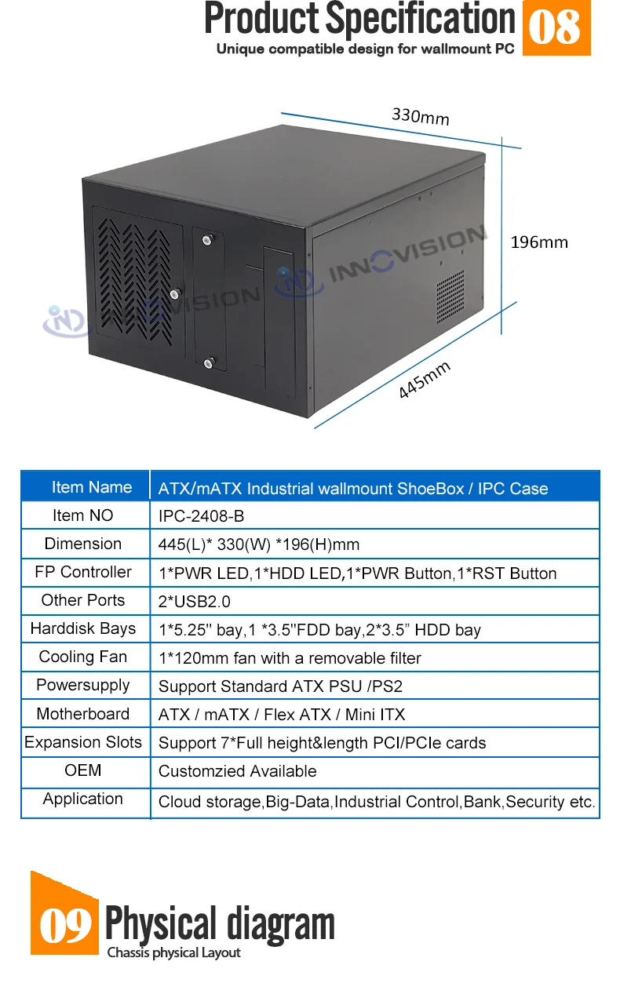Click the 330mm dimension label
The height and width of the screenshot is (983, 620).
pyautogui.click(x=421, y=117)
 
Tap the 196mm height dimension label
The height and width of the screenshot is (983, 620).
pyautogui.click(x=539, y=242)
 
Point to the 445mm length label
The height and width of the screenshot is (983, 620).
pyautogui.click(x=425, y=380)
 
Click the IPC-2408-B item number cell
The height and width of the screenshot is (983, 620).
pyautogui.click(x=202, y=516)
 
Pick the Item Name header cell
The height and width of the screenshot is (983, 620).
pyautogui.click(x=91, y=487)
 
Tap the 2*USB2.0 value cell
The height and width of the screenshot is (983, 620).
pyautogui.click(x=195, y=602)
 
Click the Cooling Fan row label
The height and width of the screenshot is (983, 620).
pyautogui.click(x=83, y=657)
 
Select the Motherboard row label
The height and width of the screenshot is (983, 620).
pyautogui.click(x=83, y=714)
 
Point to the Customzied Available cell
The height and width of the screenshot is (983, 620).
pyautogui.click(x=238, y=771)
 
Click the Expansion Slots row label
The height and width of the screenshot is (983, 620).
pyautogui.click(x=83, y=742)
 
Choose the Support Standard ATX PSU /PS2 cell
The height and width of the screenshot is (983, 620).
pyautogui.click(x=280, y=686)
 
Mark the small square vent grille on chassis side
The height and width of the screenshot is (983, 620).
pyautogui.click(x=450, y=292)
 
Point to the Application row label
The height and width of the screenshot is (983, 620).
pyautogui.click(x=83, y=799)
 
